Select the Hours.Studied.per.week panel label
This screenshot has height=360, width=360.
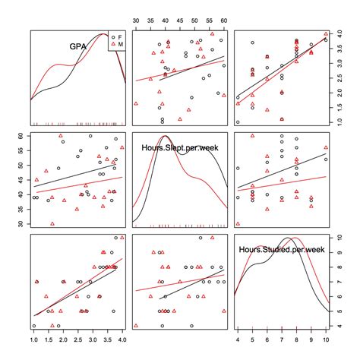(282, 248)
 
